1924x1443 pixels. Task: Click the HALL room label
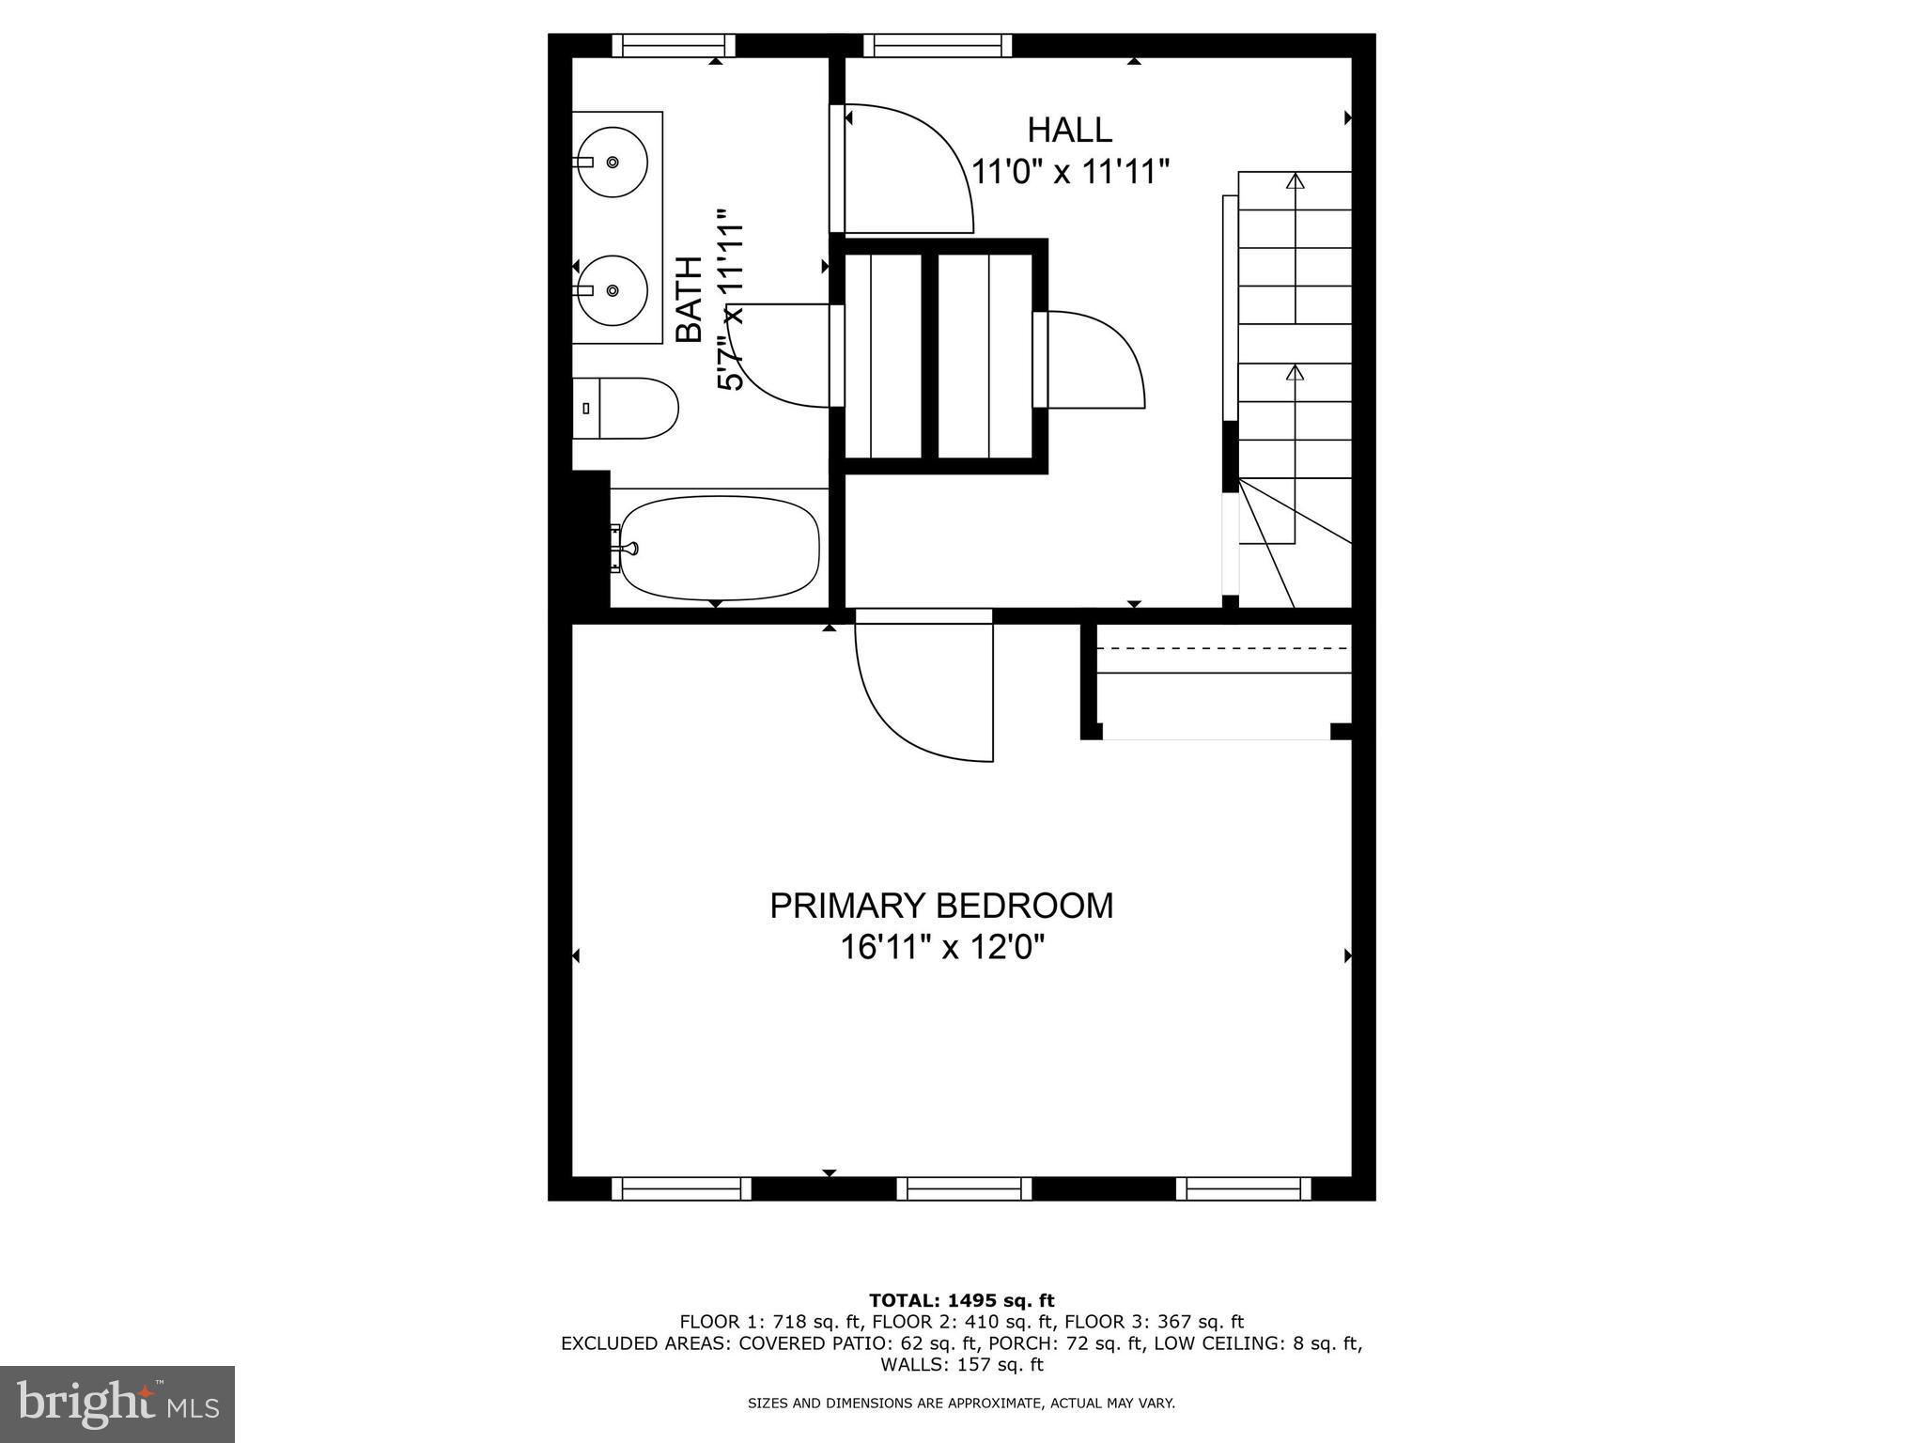click(x=1069, y=130)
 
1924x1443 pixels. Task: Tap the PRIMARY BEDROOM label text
click(x=941, y=906)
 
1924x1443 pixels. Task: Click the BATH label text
click(x=690, y=299)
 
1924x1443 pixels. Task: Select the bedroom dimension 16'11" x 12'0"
click(x=941, y=948)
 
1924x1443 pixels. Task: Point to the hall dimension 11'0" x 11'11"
click(x=1069, y=172)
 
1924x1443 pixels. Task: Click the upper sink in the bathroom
click(x=612, y=163)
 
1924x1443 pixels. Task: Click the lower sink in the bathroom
click(x=612, y=290)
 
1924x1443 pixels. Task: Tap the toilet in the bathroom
click(x=626, y=409)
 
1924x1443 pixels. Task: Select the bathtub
click(x=720, y=548)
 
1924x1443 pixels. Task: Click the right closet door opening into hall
click(x=1094, y=360)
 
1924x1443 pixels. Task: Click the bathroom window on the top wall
click(x=674, y=44)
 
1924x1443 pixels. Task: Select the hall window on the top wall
click(x=938, y=44)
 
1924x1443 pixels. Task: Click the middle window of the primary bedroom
click(x=964, y=1188)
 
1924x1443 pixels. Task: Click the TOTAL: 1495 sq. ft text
click(x=961, y=1300)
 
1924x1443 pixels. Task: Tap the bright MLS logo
click(x=117, y=1404)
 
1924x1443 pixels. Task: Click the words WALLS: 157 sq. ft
click(x=961, y=1364)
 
